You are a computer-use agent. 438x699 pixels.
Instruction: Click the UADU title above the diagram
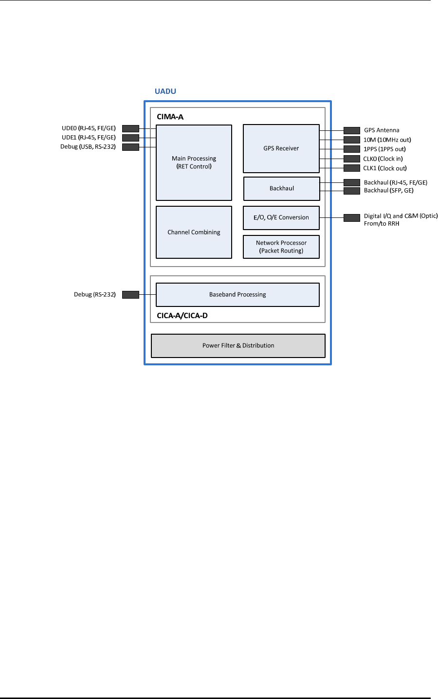pyautogui.click(x=165, y=91)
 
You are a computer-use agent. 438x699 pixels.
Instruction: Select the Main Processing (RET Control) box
pyautogui.click(x=194, y=162)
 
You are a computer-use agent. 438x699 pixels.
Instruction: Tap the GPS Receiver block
pyautogui.click(x=281, y=148)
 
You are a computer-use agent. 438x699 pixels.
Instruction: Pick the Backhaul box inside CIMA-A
pyautogui.click(x=281, y=189)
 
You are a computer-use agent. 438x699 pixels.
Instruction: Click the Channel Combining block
pyautogui.click(x=194, y=232)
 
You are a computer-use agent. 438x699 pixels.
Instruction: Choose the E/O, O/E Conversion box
pyautogui.click(x=281, y=217)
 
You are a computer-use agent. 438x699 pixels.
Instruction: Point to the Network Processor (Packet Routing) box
pyautogui.click(x=281, y=247)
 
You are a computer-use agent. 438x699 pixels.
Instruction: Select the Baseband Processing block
pyautogui.click(x=237, y=294)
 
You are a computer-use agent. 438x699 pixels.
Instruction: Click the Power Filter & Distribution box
pyautogui.click(x=238, y=345)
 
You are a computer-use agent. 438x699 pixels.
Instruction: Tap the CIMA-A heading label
pyautogui.click(x=170, y=117)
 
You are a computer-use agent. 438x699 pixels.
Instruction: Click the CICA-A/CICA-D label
pyautogui.click(x=182, y=316)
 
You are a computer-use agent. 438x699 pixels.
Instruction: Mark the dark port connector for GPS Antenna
pyautogui.click(x=351, y=130)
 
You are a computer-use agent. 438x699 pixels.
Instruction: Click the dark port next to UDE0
pyautogui.click(x=130, y=128)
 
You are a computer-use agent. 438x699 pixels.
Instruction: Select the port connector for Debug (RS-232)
pyautogui.click(x=130, y=294)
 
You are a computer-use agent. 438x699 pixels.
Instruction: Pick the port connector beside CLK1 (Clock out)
pyautogui.click(x=351, y=168)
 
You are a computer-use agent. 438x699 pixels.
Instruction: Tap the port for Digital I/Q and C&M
pyautogui.click(x=351, y=217)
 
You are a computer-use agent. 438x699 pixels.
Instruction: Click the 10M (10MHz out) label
pyautogui.click(x=387, y=140)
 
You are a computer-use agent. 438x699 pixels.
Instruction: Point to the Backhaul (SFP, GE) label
pyautogui.click(x=388, y=191)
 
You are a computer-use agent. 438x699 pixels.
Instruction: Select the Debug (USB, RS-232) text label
pyautogui.click(x=88, y=146)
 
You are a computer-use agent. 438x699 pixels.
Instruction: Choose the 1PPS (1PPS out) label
pyautogui.click(x=384, y=149)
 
